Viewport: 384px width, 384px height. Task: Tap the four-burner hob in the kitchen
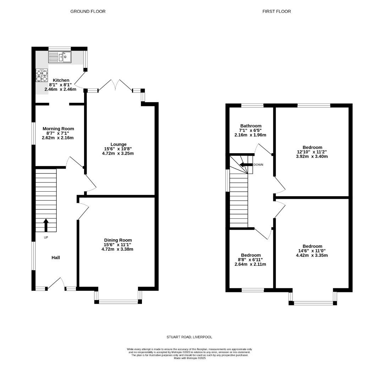click(42, 75)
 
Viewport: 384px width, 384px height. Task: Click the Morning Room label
click(58, 129)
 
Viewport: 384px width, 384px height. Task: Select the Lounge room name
click(119, 144)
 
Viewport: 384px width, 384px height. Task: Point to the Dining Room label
click(118, 240)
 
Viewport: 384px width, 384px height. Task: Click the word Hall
click(56, 257)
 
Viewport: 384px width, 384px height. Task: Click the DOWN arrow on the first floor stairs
click(246, 165)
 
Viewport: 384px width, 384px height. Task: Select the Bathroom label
click(251, 126)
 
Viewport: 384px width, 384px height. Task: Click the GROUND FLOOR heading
click(88, 11)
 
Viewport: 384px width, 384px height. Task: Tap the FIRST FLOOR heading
click(277, 11)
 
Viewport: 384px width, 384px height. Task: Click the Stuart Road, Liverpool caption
click(189, 337)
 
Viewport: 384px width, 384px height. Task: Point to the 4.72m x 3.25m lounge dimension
click(118, 153)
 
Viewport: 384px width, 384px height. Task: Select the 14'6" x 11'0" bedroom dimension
click(312, 251)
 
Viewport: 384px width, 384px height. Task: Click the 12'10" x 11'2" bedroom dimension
click(312, 151)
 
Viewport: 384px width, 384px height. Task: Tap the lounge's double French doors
click(115, 85)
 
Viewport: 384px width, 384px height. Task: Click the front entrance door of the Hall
click(56, 284)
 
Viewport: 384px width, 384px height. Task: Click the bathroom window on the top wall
click(252, 106)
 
